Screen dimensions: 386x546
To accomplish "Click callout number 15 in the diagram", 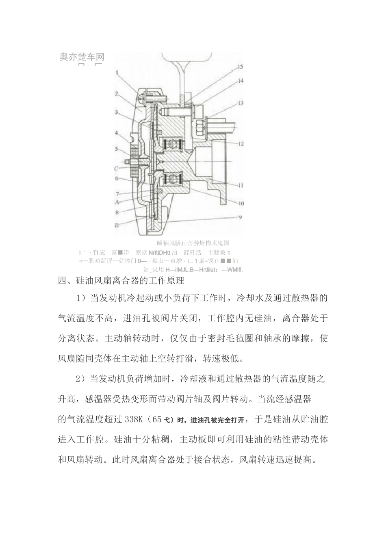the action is click(x=240, y=66).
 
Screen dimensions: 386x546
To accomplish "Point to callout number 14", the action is click(x=241, y=81).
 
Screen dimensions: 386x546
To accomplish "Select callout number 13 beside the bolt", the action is click(x=241, y=104).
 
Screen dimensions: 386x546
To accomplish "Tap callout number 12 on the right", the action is click(x=241, y=143).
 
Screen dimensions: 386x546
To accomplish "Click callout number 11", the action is click(x=241, y=185).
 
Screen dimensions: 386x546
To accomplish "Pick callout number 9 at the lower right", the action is click(x=241, y=217).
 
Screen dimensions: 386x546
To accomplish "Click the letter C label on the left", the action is click(x=117, y=168).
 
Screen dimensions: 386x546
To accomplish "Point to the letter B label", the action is click(x=117, y=225).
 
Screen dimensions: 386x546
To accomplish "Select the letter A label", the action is click(x=117, y=202).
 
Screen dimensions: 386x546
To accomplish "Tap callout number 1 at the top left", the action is click(x=116, y=74).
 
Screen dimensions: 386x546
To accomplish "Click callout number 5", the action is click(x=116, y=149).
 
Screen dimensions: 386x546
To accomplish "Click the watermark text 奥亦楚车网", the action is click(x=82, y=57).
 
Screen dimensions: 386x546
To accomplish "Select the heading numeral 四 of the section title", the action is click(x=62, y=280).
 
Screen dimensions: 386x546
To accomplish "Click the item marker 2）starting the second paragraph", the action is click(x=80, y=379).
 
